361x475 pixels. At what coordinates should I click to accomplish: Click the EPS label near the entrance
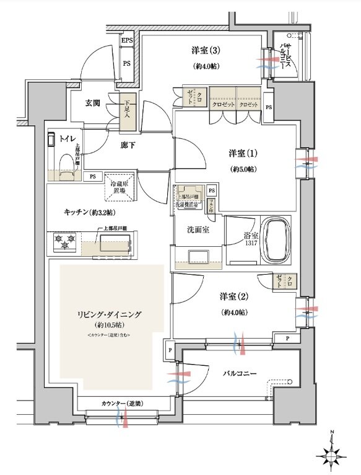(127, 42)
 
